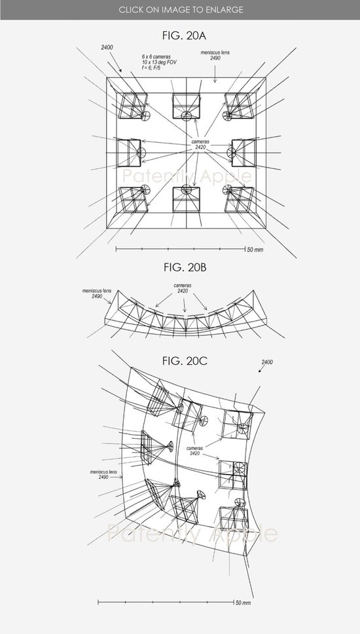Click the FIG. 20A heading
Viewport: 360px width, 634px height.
coord(184,35)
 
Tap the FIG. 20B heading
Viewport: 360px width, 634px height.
coord(185,267)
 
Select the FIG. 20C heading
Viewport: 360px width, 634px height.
coord(185,361)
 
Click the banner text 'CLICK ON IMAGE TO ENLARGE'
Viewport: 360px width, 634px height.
coord(181,10)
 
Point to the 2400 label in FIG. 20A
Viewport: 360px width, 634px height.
coord(107,47)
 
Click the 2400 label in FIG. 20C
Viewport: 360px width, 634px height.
coord(267,362)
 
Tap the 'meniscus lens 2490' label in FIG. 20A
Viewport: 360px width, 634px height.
coord(215,56)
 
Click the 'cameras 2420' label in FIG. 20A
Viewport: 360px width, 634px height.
coord(200,145)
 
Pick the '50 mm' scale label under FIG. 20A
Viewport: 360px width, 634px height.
coord(255,250)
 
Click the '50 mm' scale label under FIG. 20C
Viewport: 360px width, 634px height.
coord(243,603)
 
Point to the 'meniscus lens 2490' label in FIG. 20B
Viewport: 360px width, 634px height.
coord(97,293)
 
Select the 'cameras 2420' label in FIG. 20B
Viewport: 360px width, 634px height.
coord(183,288)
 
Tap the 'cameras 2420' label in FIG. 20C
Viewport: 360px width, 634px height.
coord(195,451)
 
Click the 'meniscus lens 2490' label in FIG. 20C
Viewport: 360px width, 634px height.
coord(103,474)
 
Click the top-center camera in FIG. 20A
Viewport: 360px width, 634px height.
coord(187,106)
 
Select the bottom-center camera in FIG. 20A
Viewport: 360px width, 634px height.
coord(187,198)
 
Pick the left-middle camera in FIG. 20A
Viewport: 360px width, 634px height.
coord(130,153)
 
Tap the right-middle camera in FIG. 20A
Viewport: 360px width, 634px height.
coord(242,153)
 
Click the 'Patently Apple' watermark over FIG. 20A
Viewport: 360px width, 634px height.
coord(187,176)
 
